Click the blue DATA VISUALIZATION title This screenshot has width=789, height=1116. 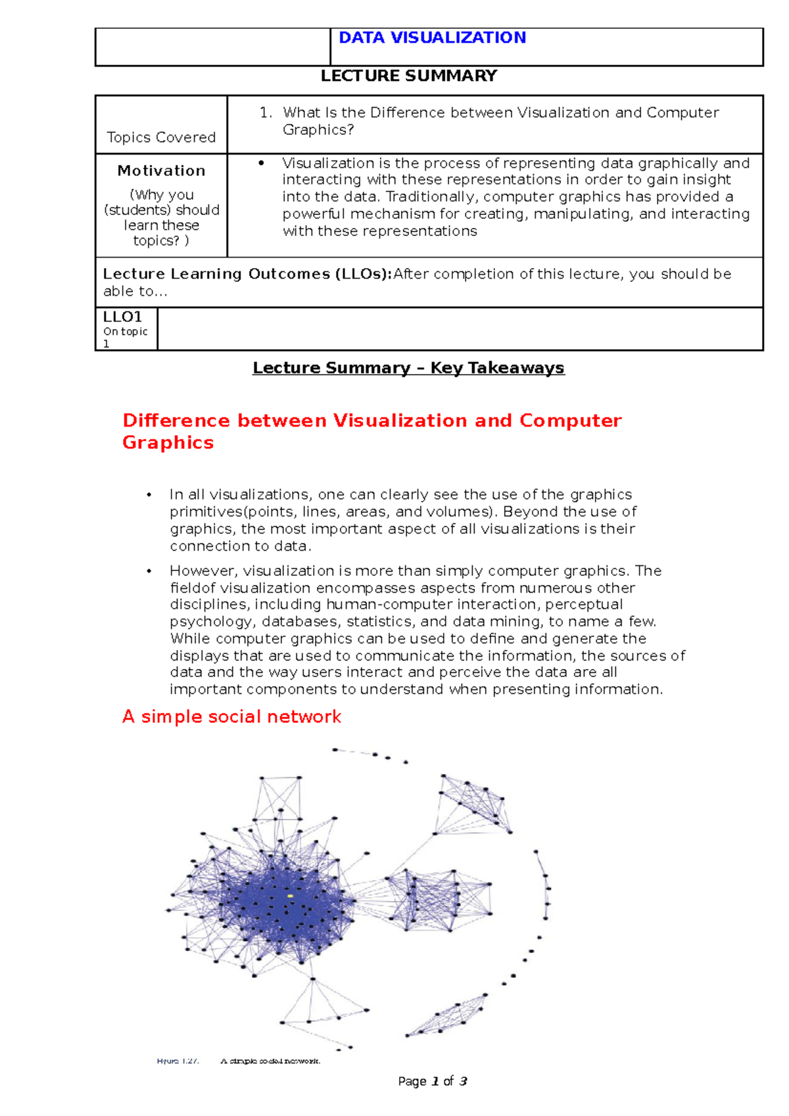pyautogui.click(x=432, y=37)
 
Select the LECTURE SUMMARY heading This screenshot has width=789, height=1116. pyautogui.click(x=408, y=76)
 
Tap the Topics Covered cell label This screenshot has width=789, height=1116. pyautogui.click(x=161, y=137)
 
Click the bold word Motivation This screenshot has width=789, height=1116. pyautogui.click(x=161, y=171)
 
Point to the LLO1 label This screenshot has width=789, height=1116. pyautogui.click(x=122, y=317)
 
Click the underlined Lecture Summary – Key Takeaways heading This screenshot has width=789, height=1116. pyautogui.click(x=408, y=368)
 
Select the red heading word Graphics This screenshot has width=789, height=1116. pyautogui.click(x=168, y=442)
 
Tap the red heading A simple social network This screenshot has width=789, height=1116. pyautogui.click(x=231, y=716)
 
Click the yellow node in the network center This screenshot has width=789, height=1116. pyautogui.click(x=290, y=896)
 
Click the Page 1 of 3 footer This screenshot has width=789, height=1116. pyautogui.click(x=433, y=1081)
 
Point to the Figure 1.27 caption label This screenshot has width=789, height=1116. pyautogui.click(x=178, y=1061)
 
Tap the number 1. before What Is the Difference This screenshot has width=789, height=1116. pyautogui.click(x=266, y=113)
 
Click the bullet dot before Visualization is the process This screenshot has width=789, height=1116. pyautogui.click(x=261, y=162)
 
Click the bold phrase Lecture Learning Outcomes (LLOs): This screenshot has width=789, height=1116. pyautogui.click(x=247, y=274)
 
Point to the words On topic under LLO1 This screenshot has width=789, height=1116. pyautogui.click(x=125, y=332)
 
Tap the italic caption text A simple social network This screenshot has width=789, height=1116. pyautogui.click(x=270, y=1061)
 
